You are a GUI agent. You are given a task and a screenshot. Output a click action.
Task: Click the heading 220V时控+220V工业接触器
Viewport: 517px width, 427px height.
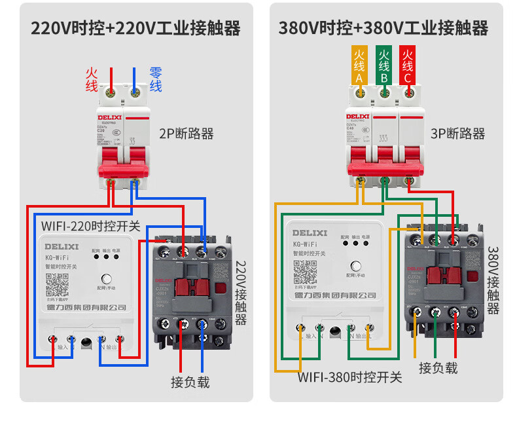pos(135,28)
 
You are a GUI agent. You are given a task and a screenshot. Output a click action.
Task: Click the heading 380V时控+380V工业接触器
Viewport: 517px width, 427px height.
pos(383,28)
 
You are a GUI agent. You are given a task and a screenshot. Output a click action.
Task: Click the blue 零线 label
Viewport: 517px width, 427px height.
pos(156,79)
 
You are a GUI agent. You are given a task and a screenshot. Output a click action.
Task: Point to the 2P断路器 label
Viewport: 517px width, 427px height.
pos(187,134)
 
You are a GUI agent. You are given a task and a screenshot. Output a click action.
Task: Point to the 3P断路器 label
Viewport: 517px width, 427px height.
pos(458,134)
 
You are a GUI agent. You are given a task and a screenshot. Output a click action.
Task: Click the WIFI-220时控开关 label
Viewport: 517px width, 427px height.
pos(91,226)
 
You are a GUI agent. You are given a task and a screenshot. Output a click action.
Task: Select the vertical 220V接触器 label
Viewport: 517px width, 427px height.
pos(241,293)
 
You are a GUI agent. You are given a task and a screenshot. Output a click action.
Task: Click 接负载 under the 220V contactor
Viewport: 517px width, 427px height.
pos(190,382)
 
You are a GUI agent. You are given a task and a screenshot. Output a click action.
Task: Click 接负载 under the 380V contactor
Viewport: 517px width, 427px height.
pos(438,367)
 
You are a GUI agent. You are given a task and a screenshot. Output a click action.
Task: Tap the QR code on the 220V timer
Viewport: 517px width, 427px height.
pos(57,284)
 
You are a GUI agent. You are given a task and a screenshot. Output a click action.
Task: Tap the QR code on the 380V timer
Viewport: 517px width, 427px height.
pos(304,270)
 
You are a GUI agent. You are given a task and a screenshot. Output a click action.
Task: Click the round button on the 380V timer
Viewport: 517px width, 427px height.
pos(357,266)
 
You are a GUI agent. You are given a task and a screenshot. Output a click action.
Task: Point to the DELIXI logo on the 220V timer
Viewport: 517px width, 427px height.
pos(62,247)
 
